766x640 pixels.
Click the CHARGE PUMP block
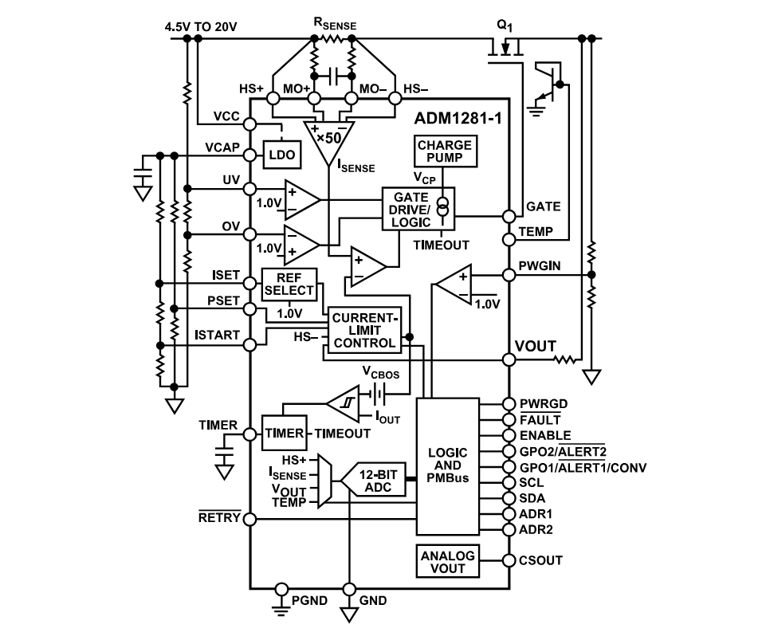pyautogui.click(x=445, y=151)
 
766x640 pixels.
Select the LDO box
pyautogui.click(x=282, y=156)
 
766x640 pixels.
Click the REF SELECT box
pyautogui.click(x=289, y=285)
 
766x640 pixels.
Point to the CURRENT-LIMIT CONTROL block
pyautogui.click(x=364, y=330)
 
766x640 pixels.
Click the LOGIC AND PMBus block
pyautogui.click(x=448, y=465)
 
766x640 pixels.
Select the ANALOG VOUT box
pyautogui.click(x=447, y=562)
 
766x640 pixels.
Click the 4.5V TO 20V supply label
pyautogui.click(x=201, y=27)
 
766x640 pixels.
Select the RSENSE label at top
pyautogui.click(x=335, y=24)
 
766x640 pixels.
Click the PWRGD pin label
pyautogui.click(x=544, y=403)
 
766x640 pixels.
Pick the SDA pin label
pyautogui.click(x=533, y=497)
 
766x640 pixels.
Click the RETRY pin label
pyautogui.click(x=219, y=518)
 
